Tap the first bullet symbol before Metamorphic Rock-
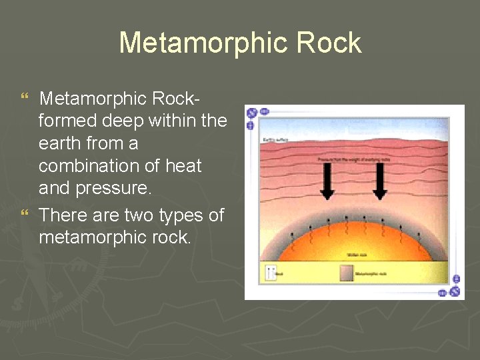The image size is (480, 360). tap(25, 99)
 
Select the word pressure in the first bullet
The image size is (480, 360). tap(112, 188)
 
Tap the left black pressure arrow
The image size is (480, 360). tap(327, 181)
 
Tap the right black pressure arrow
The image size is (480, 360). tap(379, 181)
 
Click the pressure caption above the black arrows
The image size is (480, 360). tap(353, 160)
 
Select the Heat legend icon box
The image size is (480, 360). tap(271, 273)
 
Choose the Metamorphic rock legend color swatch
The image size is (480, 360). tap(347, 273)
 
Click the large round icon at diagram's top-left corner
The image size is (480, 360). tap(252, 113)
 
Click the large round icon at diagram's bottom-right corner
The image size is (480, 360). tap(455, 291)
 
